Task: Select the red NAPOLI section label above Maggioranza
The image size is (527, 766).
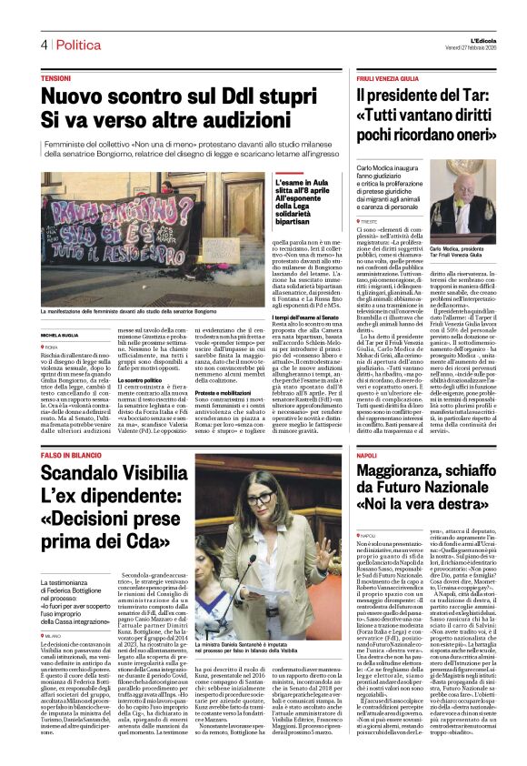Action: [367, 454]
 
